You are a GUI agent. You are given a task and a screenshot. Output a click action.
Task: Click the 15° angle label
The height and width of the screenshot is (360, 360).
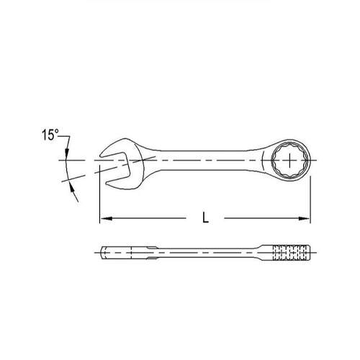pyautogui.click(x=50, y=135)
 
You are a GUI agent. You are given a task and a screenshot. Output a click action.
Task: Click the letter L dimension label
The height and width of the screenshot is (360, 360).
pyautogui.click(x=205, y=217)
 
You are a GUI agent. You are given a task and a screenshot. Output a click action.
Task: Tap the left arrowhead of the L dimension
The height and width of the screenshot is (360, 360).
pyautogui.click(x=106, y=218)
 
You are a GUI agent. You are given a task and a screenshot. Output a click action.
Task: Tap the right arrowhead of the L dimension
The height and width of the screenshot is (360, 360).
pyautogui.click(x=304, y=218)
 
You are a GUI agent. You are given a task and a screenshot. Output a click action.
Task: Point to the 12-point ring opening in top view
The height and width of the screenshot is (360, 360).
pyautogui.click(x=289, y=160)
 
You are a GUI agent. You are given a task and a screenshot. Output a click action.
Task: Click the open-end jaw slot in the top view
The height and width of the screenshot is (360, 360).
pyautogui.click(x=117, y=168)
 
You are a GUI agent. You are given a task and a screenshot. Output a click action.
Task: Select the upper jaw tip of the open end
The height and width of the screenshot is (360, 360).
pyautogui.click(x=102, y=156)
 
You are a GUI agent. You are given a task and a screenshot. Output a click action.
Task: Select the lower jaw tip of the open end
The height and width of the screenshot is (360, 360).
pyautogui.click(x=107, y=184)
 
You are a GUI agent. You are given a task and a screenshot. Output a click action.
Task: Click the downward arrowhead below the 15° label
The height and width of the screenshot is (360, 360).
pyautogui.click(x=67, y=153)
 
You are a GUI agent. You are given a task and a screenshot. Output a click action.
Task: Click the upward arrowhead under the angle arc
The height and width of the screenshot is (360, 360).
pyautogui.click(x=72, y=186)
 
